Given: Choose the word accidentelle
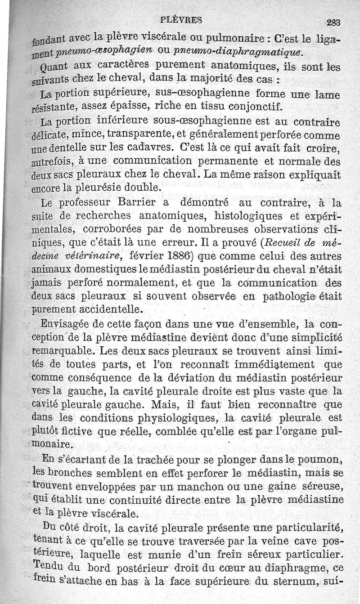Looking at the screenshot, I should (110, 309).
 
